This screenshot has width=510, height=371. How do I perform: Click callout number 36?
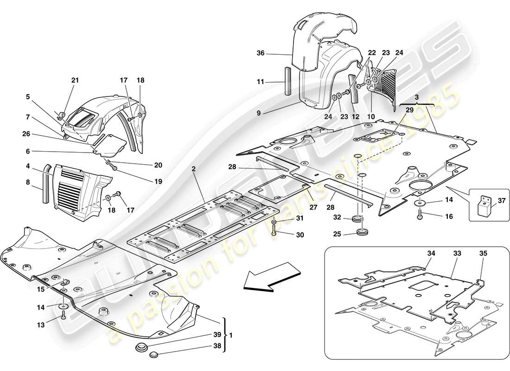tap(261, 54)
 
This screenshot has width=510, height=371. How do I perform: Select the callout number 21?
tap(75, 80)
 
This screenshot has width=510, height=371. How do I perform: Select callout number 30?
tap(300, 235)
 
